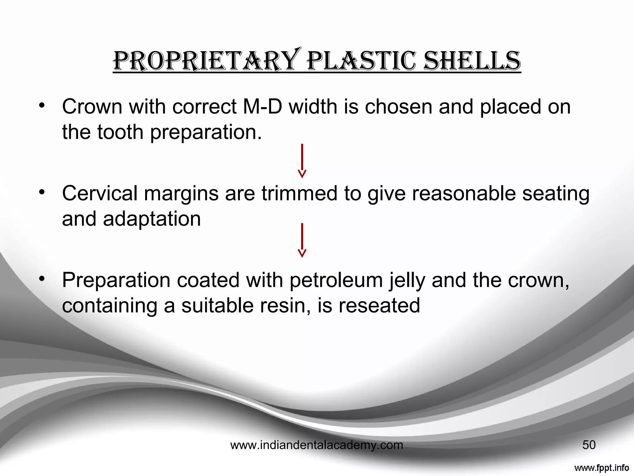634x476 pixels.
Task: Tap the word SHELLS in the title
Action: pyautogui.click(x=472, y=61)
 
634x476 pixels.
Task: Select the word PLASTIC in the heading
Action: pyautogui.click(x=361, y=61)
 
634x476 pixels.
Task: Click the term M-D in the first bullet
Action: pyautogui.click(x=263, y=107)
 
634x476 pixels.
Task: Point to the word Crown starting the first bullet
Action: pyautogui.click(x=92, y=107)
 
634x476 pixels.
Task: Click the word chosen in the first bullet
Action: pyautogui.click(x=398, y=107)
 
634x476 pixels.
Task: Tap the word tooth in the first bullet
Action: pyautogui.click(x=120, y=132)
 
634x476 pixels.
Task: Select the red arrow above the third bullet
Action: pyautogui.click(x=302, y=240)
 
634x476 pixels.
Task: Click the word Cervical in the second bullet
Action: pyautogui.click(x=100, y=193)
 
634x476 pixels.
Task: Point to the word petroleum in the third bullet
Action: pyautogui.click(x=337, y=280)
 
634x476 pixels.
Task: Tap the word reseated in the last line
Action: pyautogui.click(x=379, y=306)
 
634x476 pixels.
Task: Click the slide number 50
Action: pyautogui.click(x=589, y=445)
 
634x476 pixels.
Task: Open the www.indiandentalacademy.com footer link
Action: pyautogui.click(x=317, y=445)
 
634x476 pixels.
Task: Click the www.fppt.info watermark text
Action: pyautogui.click(x=601, y=468)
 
